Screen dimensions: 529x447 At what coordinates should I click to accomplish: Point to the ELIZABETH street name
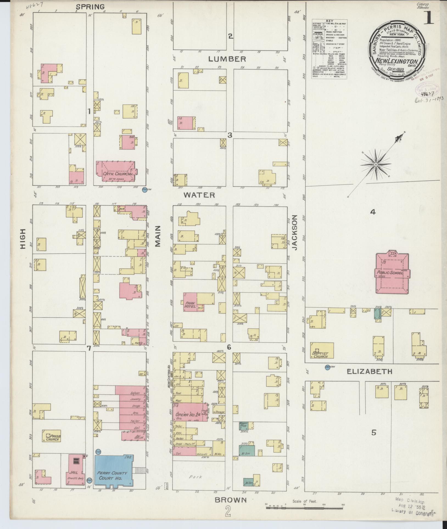coord(369,372)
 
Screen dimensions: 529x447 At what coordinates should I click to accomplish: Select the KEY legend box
coord(329,49)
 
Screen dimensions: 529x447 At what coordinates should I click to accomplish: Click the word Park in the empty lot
coord(195,477)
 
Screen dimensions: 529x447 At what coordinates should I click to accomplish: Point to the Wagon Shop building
coord(244,433)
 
